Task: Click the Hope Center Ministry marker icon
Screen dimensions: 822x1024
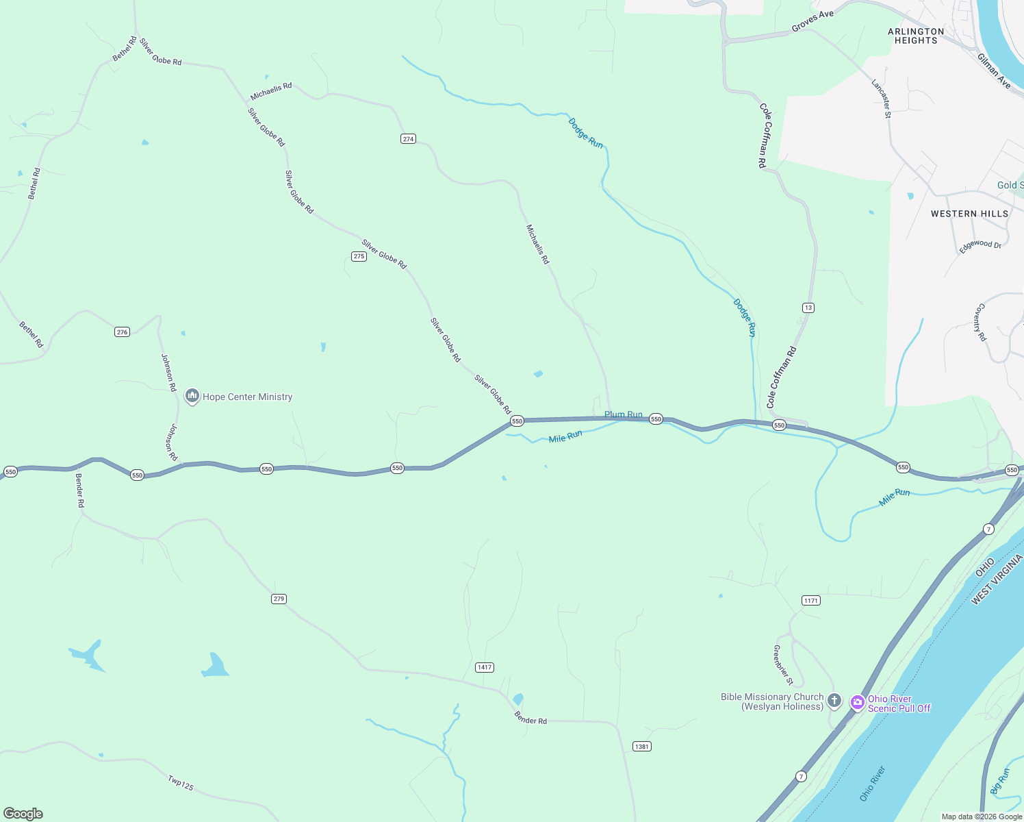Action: [x=192, y=397]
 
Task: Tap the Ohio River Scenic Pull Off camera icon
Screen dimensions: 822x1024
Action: [x=857, y=702]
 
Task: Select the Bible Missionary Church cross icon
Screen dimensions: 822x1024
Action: [x=834, y=700]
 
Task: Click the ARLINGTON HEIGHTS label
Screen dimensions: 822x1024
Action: [x=916, y=36]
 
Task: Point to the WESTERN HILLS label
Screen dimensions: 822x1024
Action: [x=969, y=214]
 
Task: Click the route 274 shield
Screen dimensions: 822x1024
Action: [x=408, y=139]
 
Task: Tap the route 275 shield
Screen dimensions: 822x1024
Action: [x=359, y=257]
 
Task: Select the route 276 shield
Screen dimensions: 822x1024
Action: [x=122, y=332]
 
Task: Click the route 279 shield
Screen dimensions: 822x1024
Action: [x=279, y=599]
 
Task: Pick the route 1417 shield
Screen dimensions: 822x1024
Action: [x=485, y=667]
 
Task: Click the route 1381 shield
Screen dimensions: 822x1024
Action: [x=641, y=747]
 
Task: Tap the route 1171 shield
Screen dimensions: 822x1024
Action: [x=810, y=601]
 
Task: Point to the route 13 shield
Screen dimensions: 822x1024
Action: [x=808, y=308]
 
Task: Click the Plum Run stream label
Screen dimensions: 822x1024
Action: [x=623, y=414]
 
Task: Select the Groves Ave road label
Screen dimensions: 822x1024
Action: [x=812, y=21]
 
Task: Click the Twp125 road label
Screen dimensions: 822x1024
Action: [x=181, y=782]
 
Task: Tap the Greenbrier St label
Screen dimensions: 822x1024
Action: [x=783, y=665]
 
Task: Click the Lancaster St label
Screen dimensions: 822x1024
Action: [x=882, y=99]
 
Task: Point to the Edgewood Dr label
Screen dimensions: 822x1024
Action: [x=980, y=246]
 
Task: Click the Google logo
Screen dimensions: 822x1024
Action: [x=23, y=814]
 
